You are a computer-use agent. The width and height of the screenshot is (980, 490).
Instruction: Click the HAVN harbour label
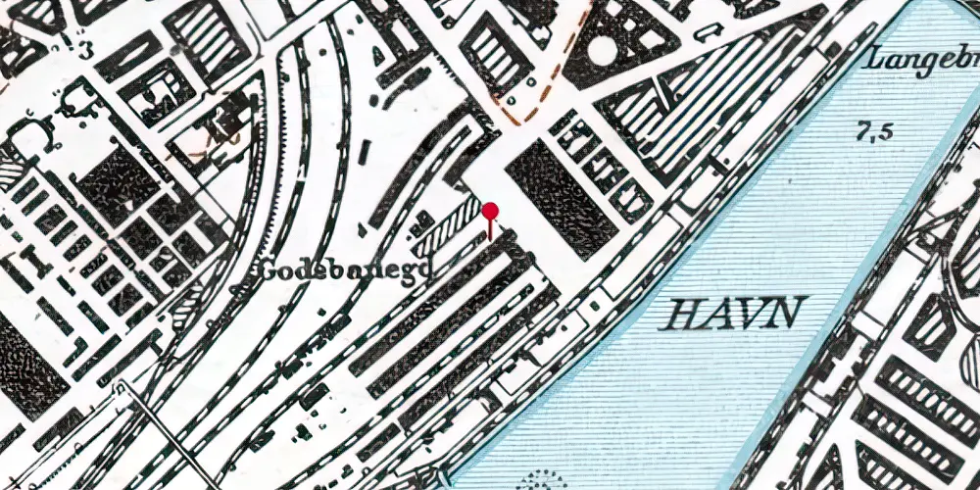click(734, 314)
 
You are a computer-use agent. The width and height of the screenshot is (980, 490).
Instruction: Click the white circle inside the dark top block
click(604, 48)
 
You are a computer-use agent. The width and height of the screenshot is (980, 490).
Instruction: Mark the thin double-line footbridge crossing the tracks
click(162, 430)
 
